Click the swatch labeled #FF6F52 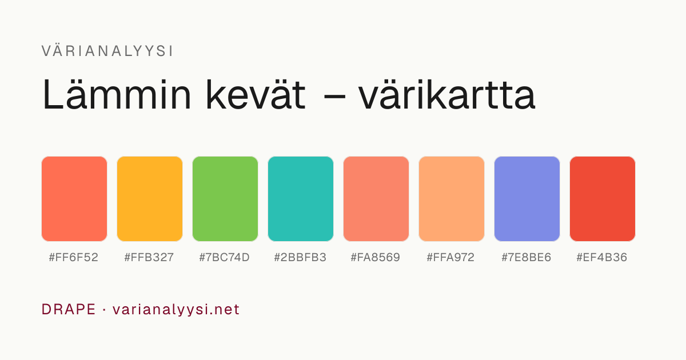point(74,199)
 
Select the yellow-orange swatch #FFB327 point(150,199)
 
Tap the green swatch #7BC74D point(225,199)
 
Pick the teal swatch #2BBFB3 point(301,199)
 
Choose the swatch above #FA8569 point(376,199)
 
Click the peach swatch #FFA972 point(452,199)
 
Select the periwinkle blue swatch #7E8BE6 point(527,199)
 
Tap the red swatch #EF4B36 point(603,199)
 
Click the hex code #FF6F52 point(74,258)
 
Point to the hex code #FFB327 point(149,258)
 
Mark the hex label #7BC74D point(225,258)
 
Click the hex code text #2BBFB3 point(300,258)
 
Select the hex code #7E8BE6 point(527,258)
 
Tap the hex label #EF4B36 point(602,258)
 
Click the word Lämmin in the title point(117,94)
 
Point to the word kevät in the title point(256,94)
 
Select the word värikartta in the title point(447,94)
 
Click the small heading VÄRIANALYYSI point(107,51)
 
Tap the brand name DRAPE point(69,309)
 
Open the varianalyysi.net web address point(176,310)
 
